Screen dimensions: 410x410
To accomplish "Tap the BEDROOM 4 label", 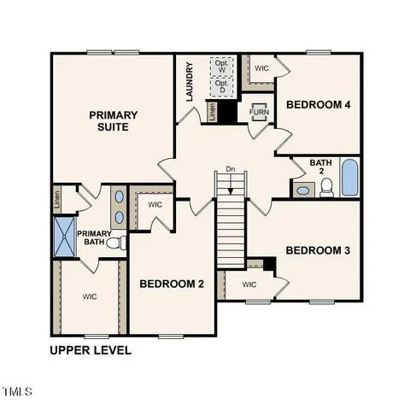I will tap(318, 105).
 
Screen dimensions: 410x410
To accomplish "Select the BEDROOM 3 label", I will tap(317, 250).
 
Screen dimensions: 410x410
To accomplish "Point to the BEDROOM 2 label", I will tap(171, 284).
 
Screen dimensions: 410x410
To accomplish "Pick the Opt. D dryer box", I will tap(222, 86).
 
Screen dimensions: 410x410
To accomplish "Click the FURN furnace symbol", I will tap(259, 112).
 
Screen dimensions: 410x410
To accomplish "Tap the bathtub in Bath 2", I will tap(348, 178).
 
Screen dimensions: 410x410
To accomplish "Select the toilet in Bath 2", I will tap(325, 190).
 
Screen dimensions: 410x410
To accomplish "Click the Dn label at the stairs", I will tap(230, 169).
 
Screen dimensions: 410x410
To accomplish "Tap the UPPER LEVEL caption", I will tap(91, 350).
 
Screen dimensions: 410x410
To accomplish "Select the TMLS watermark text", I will tap(17, 392).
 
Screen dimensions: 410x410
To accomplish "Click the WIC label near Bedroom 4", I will tap(261, 66).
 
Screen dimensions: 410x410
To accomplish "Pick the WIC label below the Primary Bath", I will tap(89, 297).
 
